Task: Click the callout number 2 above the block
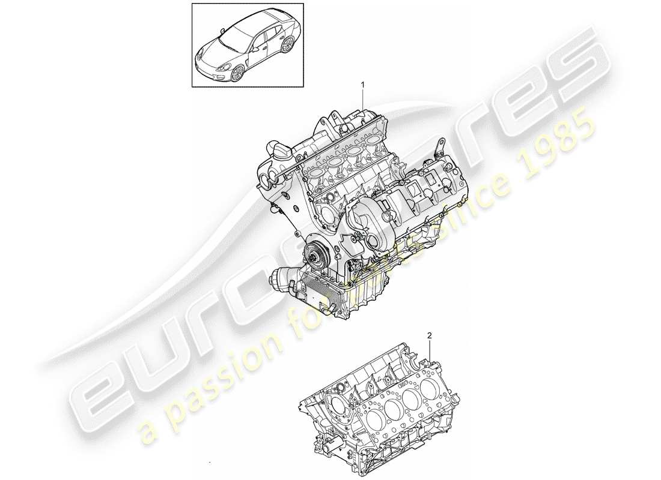[x=430, y=337]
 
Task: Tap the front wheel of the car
[x=237, y=73]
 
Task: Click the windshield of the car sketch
[x=230, y=40]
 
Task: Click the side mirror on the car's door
[x=255, y=49]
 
